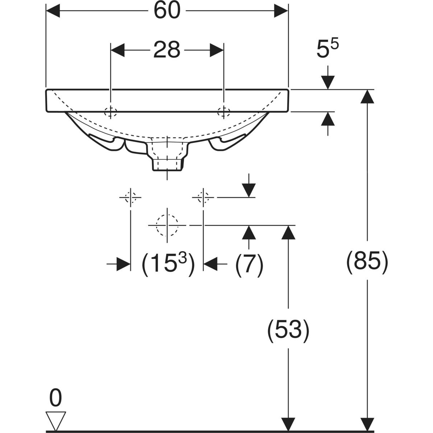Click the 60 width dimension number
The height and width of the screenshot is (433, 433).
tap(167, 11)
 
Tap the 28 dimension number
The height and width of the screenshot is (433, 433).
tap(167, 50)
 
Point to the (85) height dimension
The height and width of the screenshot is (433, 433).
tap(367, 262)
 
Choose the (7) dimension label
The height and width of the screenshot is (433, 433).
tap(249, 264)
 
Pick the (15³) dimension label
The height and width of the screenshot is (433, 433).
tap(168, 264)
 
